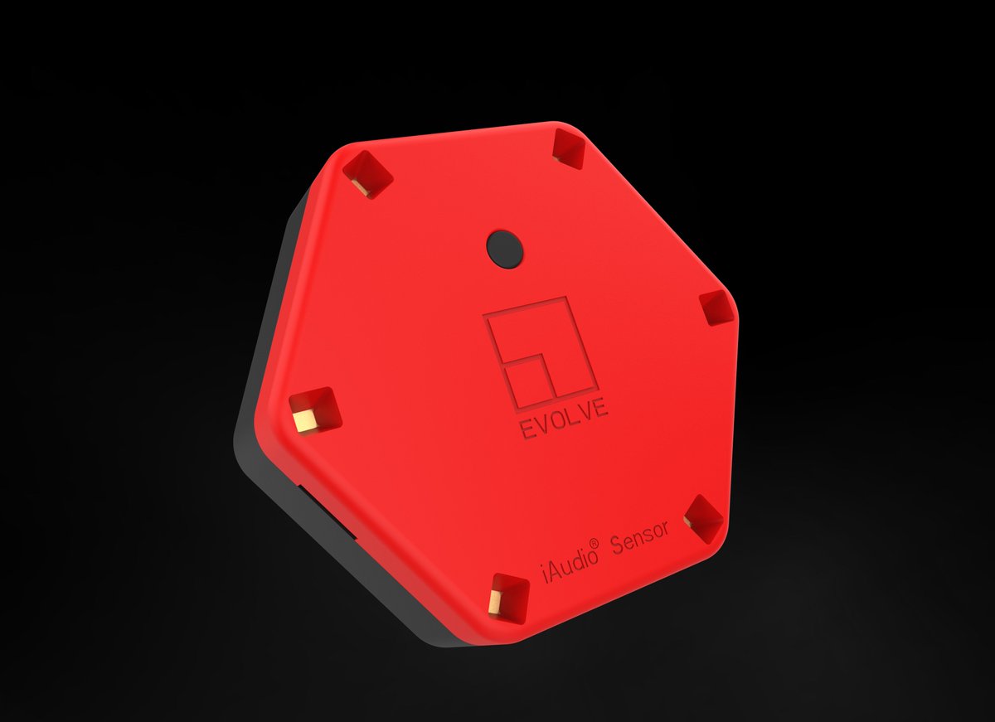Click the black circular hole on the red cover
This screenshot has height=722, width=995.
click(505, 248)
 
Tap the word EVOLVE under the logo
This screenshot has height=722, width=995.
click(563, 418)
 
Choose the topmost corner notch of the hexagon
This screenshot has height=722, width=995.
click(569, 148)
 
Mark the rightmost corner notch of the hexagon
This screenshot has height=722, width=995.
click(714, 308)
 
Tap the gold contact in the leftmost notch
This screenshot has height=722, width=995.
click(305, 419)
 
